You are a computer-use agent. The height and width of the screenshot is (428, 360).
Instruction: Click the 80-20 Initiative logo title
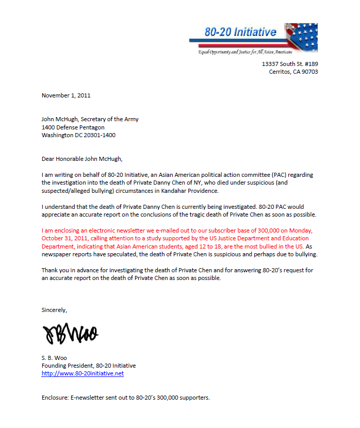tap(240, 32)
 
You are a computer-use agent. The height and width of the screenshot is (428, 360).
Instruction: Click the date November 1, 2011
tap(66, 95)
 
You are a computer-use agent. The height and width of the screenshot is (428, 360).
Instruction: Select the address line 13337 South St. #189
tap(290, 64)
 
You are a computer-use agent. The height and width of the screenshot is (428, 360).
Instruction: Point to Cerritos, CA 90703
tap(293, 72)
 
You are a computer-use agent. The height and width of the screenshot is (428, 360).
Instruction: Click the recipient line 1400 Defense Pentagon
tap(73, 127)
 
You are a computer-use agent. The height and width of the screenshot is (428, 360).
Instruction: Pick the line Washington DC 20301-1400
tap(78, 135)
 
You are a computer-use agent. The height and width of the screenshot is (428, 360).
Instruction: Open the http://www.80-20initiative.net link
tap(83, 373)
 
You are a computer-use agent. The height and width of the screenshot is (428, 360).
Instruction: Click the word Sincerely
tap(54, 310)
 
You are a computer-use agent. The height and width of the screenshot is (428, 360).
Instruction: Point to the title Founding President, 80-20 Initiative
tap(89, 366)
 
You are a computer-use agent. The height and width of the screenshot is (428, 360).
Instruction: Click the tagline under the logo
tap(246, 53)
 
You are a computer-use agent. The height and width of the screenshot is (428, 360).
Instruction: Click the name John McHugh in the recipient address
tap(59, 119)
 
